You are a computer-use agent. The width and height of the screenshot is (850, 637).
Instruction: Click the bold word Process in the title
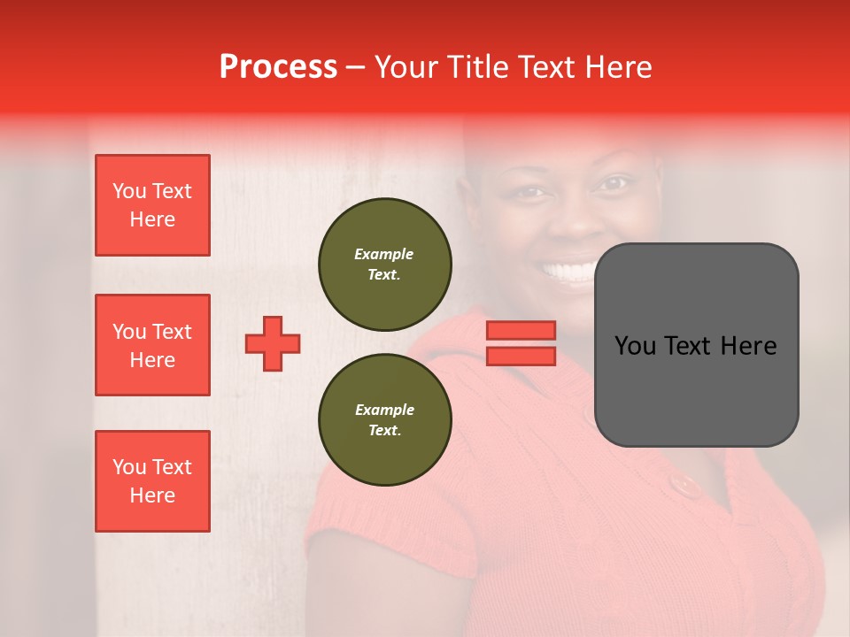(278, 67)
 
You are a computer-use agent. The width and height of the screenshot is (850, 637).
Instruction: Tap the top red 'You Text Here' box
(152, 205)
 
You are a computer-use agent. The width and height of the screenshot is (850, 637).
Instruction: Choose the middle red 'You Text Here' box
(152, 345)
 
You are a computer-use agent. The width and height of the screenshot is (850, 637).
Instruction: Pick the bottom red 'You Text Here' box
(152, 480)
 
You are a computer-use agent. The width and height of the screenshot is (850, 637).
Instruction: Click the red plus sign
(273, 343)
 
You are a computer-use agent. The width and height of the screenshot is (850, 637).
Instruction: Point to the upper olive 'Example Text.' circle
(384, 264)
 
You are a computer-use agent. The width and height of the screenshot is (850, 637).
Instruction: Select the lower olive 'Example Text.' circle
(384, 419)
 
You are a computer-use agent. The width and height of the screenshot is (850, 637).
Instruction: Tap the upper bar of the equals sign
(522, 330)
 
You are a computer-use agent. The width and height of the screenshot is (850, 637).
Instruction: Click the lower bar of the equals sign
(522, 356)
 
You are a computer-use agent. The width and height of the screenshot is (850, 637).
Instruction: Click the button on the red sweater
(683, 485)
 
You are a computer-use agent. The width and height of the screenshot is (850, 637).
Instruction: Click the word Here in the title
(616, 67)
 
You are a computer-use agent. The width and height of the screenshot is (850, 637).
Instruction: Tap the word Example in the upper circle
(383, 254)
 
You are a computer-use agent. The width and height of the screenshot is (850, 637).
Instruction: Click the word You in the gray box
(635, 346)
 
